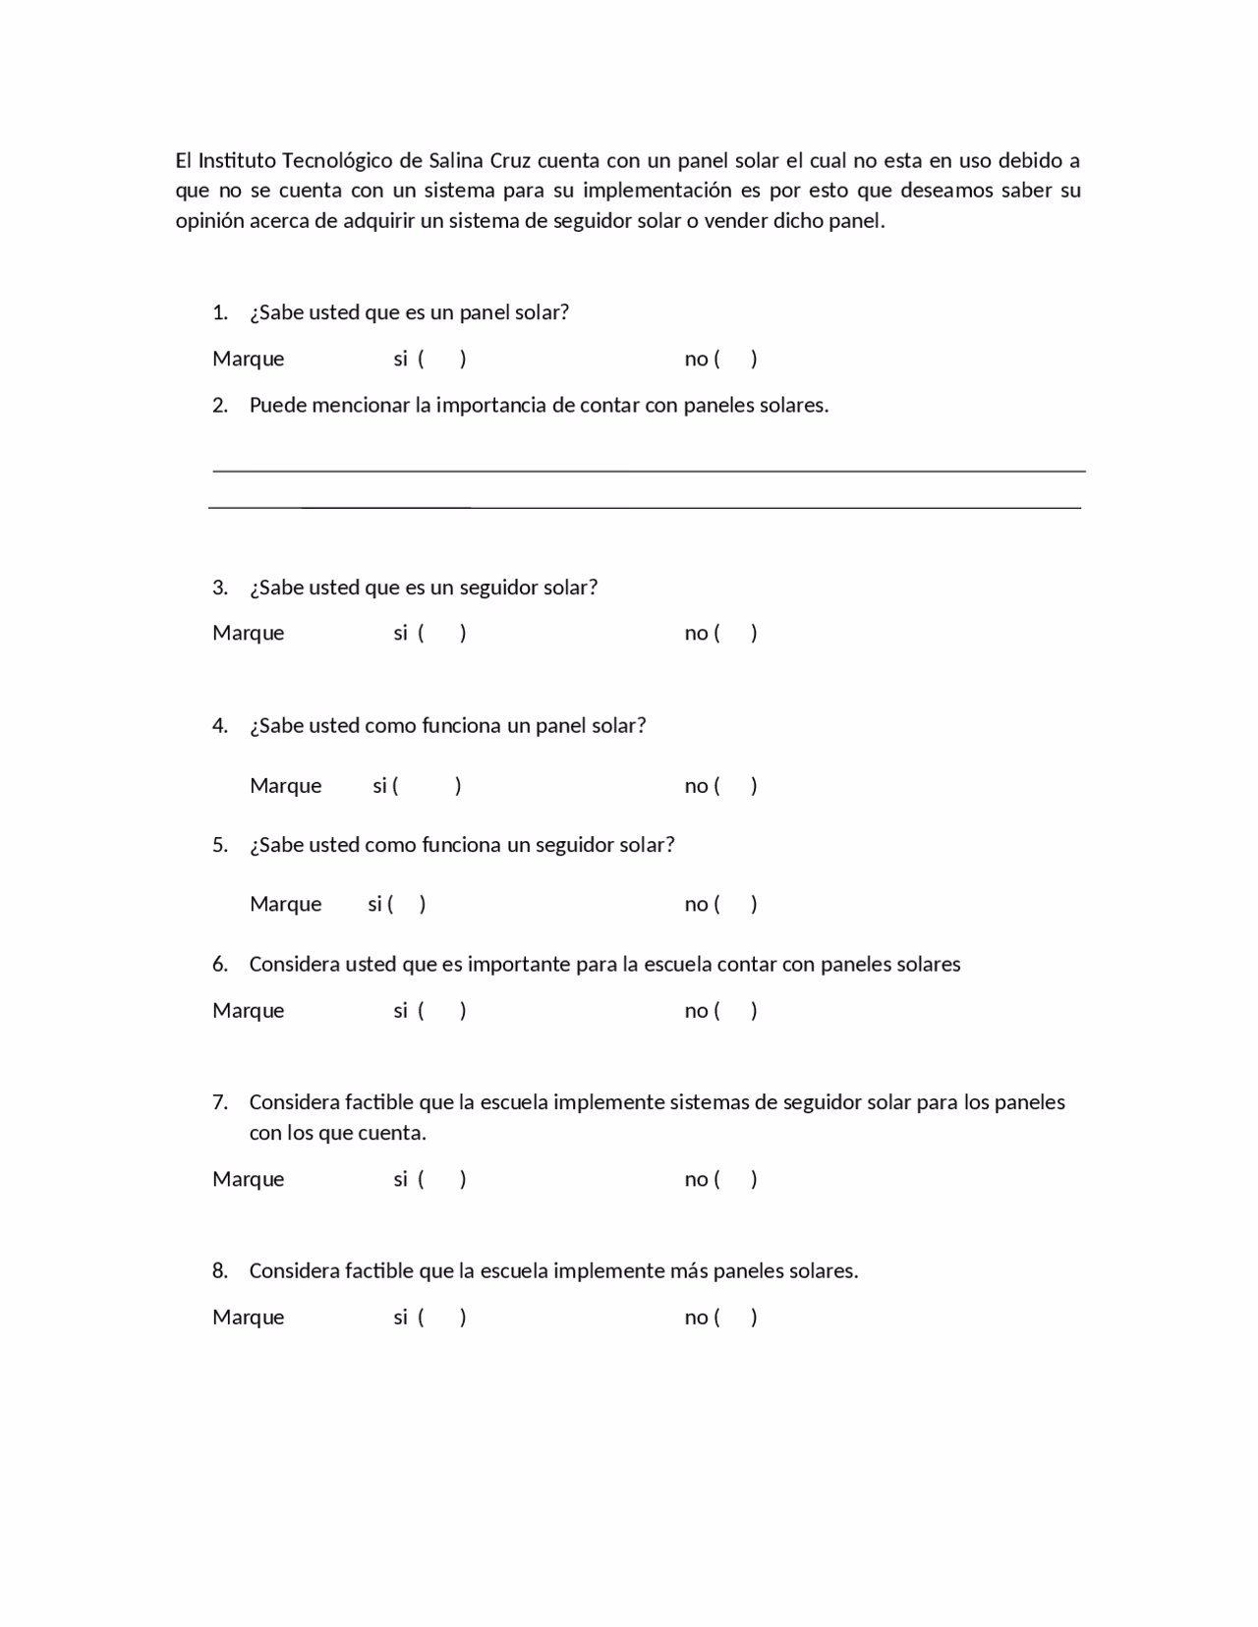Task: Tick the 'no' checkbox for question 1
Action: [736, 359]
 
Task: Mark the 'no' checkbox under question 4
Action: [736, 786]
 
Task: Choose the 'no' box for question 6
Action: [736, 1011]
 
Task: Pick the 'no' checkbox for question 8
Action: [736, 1318]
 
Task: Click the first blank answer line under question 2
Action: [649, 471]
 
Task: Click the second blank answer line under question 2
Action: [645, 507]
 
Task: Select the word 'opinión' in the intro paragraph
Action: [209, 221]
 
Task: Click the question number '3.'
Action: [220, 588]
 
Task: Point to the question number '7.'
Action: [220, 1102]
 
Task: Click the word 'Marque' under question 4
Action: [285, 786]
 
